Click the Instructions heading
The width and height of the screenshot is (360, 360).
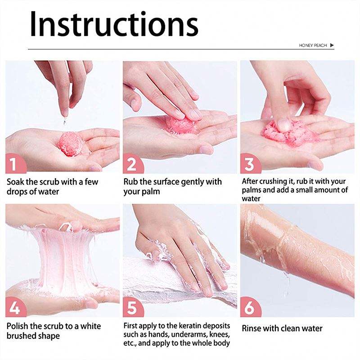point(114,24)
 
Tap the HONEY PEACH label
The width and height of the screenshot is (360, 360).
point(313,45)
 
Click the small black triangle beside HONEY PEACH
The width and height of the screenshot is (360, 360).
point(332,45)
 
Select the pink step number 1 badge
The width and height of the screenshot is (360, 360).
point(15,163)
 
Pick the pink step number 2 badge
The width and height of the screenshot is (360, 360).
point(133,163)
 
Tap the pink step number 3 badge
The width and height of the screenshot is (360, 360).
point(250,163)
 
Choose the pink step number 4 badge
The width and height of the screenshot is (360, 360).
point(15,307)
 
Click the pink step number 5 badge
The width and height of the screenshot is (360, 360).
point(133,307)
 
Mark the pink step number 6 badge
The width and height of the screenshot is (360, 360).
point(250,307)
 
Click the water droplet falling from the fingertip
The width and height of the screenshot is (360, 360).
point(65,121)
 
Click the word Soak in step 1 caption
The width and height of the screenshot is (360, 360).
point(15,182)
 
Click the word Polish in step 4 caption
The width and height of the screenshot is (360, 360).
point(18,326)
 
